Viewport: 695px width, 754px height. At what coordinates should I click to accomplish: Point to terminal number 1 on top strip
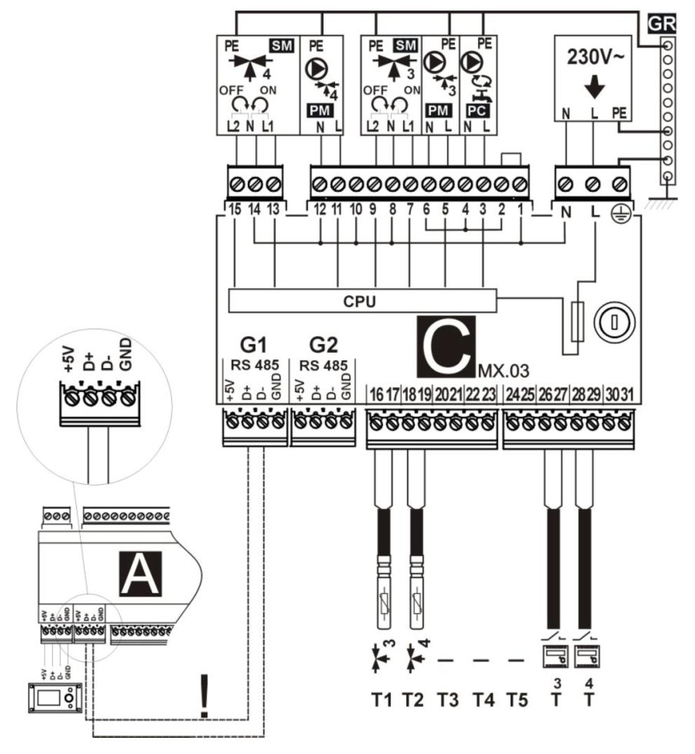519,208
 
